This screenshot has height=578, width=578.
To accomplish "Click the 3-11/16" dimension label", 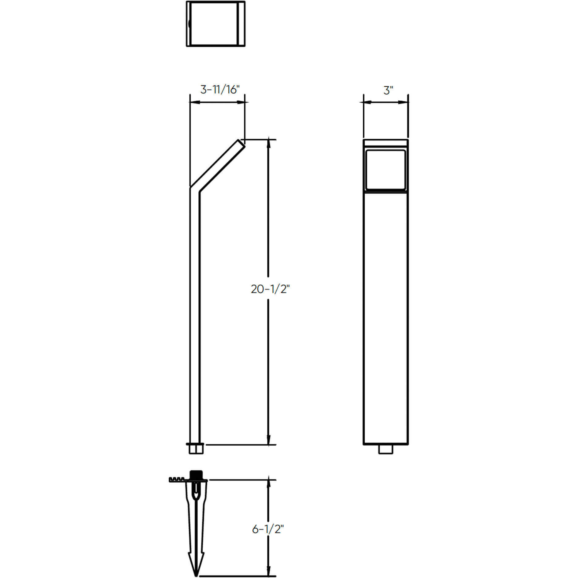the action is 220,90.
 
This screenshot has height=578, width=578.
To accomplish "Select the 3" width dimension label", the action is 388,90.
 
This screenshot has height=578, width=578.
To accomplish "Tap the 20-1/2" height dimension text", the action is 270,289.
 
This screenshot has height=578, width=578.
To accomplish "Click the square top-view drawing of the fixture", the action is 216,24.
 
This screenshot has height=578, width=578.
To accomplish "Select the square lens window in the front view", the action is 386,170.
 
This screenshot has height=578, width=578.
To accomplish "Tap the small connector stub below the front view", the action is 386,449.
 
